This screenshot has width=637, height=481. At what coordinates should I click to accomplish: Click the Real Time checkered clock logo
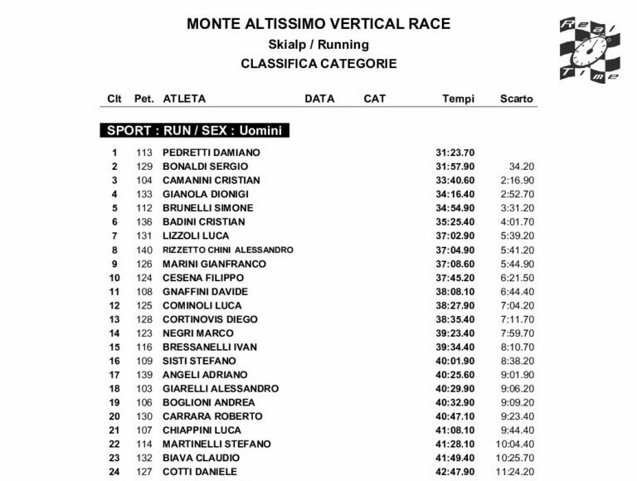pos(589,51)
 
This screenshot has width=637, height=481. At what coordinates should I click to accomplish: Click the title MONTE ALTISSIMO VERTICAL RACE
pos(318,24)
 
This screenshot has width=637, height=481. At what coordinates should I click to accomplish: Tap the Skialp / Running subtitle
pos(318,45)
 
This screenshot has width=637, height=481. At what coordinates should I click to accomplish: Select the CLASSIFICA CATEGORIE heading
pos(318,64)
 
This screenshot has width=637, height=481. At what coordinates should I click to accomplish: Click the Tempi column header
pos(459,99)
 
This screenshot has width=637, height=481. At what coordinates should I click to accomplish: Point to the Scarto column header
pos(517,99)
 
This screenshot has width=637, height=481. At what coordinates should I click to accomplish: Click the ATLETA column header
pos(184,99)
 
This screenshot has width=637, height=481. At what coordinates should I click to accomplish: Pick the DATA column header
pos(319,99)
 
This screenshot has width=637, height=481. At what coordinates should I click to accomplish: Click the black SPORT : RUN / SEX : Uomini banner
pos(194,130)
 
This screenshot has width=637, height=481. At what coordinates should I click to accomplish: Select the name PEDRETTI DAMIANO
pos(211,153)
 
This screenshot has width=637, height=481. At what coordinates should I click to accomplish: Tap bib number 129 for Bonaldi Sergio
pos(145,167)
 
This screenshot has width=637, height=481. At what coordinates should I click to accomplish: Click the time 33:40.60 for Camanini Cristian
pos(455,180)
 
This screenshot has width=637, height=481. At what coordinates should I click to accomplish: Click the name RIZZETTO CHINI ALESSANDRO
pos(227,250)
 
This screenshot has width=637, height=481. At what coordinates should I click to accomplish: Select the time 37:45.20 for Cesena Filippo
pos(455,278)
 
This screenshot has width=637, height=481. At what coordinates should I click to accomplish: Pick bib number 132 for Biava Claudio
pos(145,458)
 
